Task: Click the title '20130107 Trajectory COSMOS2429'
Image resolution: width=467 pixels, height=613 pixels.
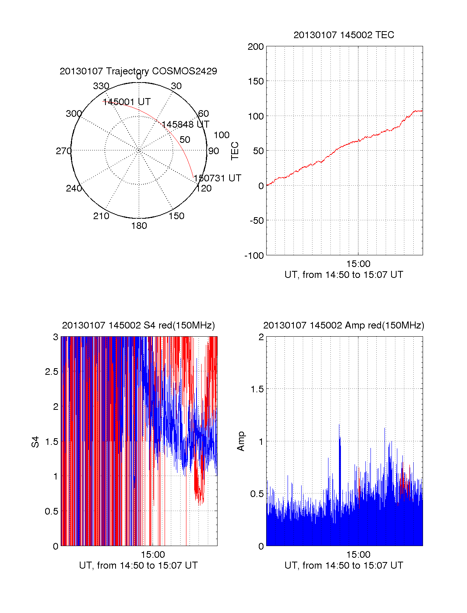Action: pyautogui.click(x=138, y=71)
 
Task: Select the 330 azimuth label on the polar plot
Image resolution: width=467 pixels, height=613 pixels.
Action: pyautogui.click(x=101, y=86)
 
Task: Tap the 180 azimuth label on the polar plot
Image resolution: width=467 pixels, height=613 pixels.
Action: pyautogui.click(x=139, y=226)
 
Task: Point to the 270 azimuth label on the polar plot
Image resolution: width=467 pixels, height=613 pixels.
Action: pyautogui.click(x=63, y=151)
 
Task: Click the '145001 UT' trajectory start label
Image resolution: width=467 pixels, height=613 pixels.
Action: pyautogui.click(x=126, y=102)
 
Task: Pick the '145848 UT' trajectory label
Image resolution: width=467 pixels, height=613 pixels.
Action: pyautogui.click(x=185, y=125)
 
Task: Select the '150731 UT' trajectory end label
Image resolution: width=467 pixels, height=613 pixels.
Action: pyautogui.click(x=217, y=178)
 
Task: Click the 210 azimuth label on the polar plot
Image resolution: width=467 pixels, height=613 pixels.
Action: pyautogui.click(x=101, y=216)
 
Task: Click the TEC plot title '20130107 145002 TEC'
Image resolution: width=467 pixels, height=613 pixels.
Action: pyautogui.click(x=344, y=35)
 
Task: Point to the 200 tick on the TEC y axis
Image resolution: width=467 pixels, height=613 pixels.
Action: pyautogui.click(x=256, y=47)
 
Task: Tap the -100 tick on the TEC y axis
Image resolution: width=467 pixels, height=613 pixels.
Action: pyautogui.click(x=254, y=256)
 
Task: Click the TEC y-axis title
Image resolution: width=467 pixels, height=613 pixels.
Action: pyautogui.click(x=235, y=151)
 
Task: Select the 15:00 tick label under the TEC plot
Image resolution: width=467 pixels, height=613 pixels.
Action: pyautogui.click(x=358, y=264)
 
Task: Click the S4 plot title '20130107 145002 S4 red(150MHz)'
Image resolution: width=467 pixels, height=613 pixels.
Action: pyautogui.click(x=138, y=325)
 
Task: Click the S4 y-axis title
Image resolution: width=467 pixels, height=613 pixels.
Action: pyautogui.click(x=35, y=442)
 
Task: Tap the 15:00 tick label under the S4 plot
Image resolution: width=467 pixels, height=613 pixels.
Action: pyautogui.click(x=153, y=555)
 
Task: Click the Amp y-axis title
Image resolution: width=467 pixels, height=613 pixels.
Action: pyautogui.click(x=241, y=441)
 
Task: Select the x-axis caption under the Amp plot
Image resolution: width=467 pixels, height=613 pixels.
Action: pyautogui.click(x=344, y=566)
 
